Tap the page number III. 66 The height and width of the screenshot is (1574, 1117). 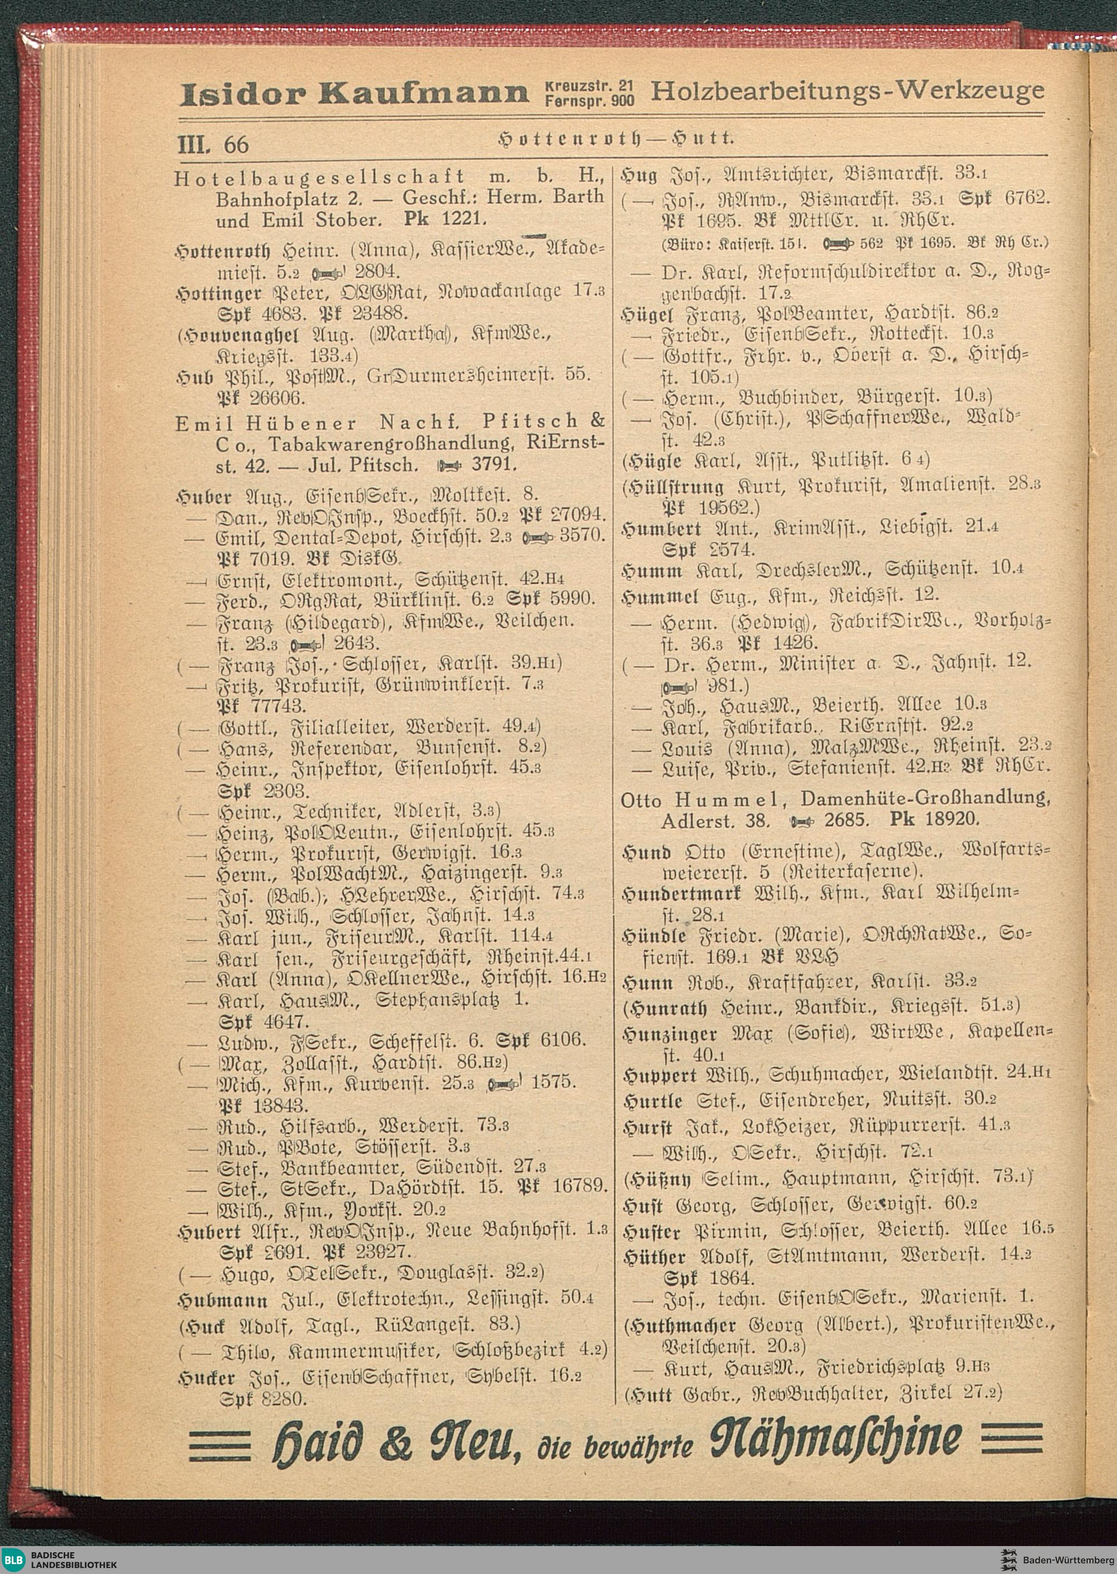click(213, 145)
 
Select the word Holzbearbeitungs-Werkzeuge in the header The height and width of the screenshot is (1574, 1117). click(847, 90)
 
